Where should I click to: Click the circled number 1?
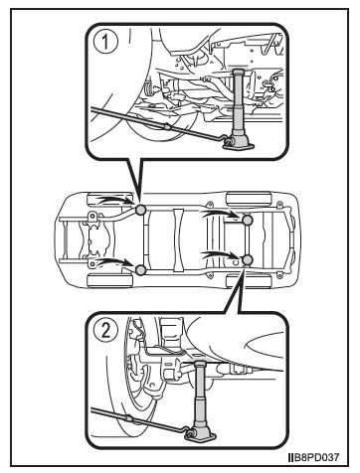click(105, 42)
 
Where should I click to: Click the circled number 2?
click(105, 330)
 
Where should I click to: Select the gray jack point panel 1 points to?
click(140, 210)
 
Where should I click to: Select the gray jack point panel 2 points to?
click(248, 260)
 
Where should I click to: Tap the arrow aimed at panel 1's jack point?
click(113, 200)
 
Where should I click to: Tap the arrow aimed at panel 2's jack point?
click(220, 254)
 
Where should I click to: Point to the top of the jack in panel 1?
click(239, 72)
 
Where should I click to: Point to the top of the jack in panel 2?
click(200, 364)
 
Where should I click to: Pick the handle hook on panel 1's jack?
click(228, 140)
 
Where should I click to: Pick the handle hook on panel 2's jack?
click(190, 432)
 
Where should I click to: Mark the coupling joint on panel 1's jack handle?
click(167, 126)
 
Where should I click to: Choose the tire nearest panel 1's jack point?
click(109, 199)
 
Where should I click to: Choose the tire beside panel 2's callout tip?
click(249, 281)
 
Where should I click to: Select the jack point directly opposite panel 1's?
click(140, 270)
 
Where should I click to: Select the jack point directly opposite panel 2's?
click(248, 220)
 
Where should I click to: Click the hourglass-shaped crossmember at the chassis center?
click(178, 239)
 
